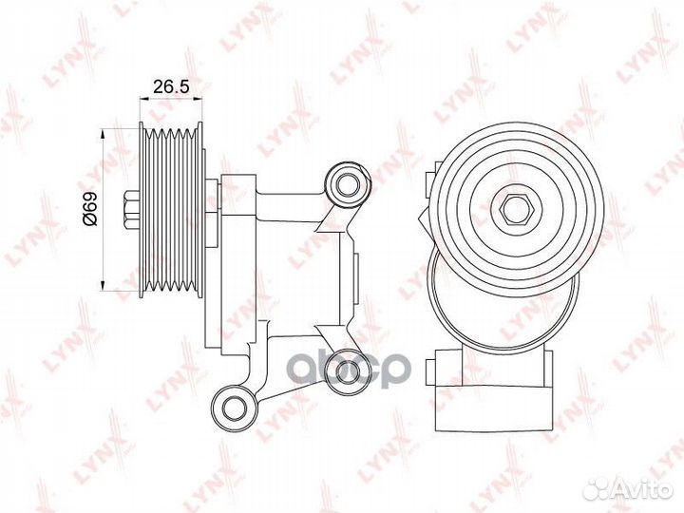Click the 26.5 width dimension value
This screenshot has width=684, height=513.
tap(171, 86)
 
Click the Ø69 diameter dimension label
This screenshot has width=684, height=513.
tap(91, 208)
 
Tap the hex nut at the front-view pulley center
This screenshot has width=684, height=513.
tap(516, 210)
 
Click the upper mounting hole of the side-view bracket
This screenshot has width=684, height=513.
tap(348, 185)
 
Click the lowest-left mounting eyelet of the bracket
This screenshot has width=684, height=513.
tap(235, 407)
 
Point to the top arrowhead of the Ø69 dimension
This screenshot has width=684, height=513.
tap(103, 133)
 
